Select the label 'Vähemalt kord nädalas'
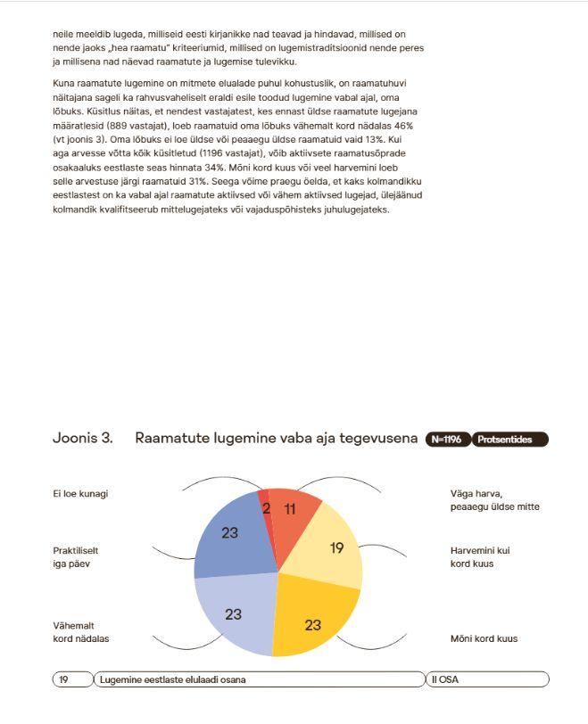coord(81,632)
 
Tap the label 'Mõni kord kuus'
coord(484,638)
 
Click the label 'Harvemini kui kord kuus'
coord(480,557)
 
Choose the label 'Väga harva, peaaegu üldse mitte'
coord(494,500)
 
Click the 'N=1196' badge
coord(447,440)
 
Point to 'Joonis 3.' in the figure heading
coord(83,439)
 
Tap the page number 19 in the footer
coord(64,679)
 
